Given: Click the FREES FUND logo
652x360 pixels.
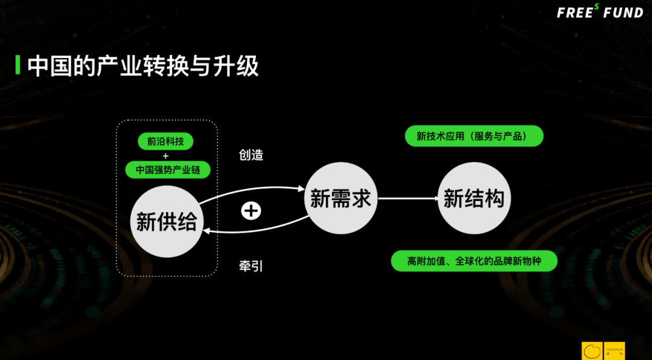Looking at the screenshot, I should click(599, 12).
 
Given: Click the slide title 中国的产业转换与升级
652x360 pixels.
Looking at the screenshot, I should click(143, 65).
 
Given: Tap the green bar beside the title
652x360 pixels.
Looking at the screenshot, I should click(18, 65).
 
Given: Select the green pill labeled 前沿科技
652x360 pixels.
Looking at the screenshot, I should click(166, 141).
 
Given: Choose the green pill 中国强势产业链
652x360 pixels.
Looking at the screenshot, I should click(168, 170).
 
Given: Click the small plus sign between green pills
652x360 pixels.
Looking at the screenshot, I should click(166, 156).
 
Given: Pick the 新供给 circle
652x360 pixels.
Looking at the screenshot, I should click(167, 222).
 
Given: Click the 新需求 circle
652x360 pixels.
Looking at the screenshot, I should click(340, 198).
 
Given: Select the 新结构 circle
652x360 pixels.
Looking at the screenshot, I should click(474, 198).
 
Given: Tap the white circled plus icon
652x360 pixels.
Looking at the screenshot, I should click(251, 210).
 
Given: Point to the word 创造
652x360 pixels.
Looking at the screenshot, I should click(251, 155).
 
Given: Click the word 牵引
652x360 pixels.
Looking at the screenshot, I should click(251, 266).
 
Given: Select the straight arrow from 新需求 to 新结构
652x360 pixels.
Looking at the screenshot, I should click(407, 198).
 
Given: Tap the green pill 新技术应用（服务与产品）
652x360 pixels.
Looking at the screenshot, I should click(474, 136).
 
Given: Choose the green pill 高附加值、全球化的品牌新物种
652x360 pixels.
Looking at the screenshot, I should click(473, 261).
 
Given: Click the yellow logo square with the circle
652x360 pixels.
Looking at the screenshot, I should click(592, 351).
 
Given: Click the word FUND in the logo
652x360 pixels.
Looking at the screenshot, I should click(624, 13).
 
